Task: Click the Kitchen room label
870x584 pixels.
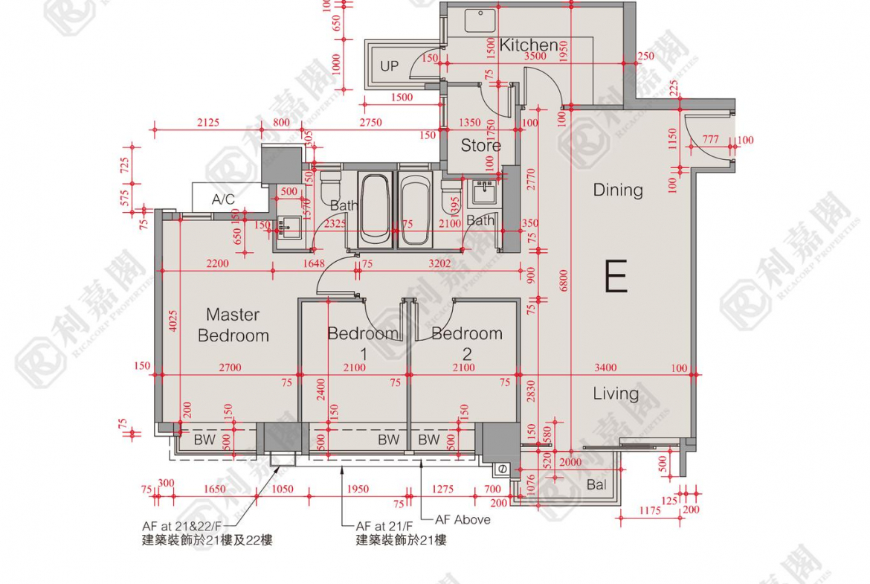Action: [x=529, y=45]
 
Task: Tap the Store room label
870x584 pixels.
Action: [x=480, y=145]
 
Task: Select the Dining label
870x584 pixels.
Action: [x=617, y=190]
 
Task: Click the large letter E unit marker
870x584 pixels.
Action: [x=616, y=276]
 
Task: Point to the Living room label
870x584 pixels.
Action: [x=616, y=394]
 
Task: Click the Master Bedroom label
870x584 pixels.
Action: [x=233, y=325]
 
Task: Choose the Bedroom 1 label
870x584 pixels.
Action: [x=363, y=341]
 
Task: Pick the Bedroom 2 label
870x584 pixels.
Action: [x=467, y=341]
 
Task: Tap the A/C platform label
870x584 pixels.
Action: [x=223, y=199]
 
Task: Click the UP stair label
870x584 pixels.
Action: [x=389, y=66]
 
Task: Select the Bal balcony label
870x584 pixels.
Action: [x=596, y=485]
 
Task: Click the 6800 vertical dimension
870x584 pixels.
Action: [x=564, y=280]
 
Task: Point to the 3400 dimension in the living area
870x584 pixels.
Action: [x=605, y=368]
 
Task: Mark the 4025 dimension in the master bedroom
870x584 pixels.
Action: [x=170, y=321]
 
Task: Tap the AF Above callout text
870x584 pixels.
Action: [x=463, y=519]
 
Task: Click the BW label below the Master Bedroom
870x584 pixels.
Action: [x=204, y=440]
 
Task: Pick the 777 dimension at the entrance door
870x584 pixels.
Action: [x=710, y=140]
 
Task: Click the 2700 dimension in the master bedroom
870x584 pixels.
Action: [x=231, y=368]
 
